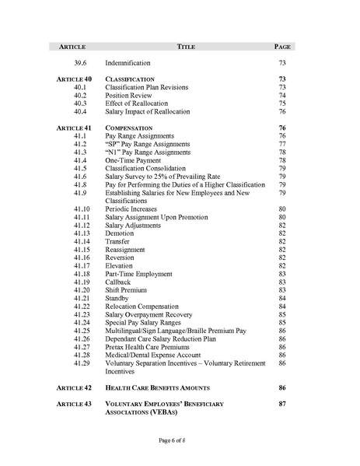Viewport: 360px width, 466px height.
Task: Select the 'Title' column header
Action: [x=186, y=47]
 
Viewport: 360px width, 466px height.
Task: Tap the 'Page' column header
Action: [x=282, y=47]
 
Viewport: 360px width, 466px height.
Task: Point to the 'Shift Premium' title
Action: [x=128, y=290]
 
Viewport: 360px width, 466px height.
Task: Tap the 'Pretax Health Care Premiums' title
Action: [x=152, y=347]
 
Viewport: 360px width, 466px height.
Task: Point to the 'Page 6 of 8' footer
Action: [x=180, y=441]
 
